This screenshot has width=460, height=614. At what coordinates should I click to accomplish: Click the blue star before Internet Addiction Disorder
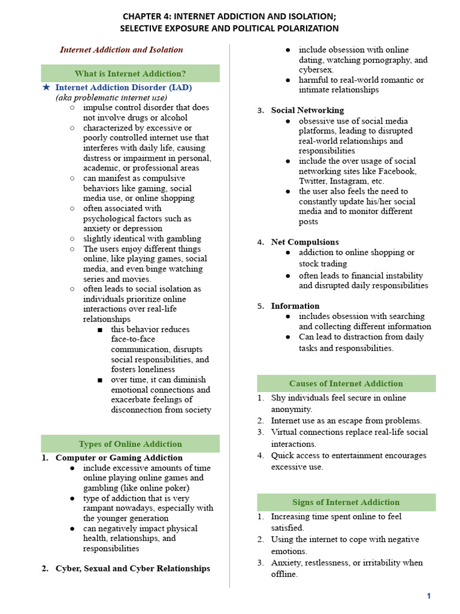pyautogui.click(x=46, y=87)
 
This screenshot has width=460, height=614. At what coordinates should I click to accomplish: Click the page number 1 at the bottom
pyautogui.click(x=429, y=595)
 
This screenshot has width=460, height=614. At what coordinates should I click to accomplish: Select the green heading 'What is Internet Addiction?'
pyautogui.click(x=130, y=73)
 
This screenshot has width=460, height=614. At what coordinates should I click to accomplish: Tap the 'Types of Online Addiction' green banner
pyautogui.click(x=130, y=444)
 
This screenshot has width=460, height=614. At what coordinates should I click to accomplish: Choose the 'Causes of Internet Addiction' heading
pyautogui.click(x=346, y=383)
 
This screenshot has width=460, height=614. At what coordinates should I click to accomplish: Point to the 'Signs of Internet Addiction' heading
pyautogui.click(x=346, y=502)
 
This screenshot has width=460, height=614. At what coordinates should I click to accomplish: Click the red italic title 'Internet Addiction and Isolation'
pyautogui.click(x=121, y=50)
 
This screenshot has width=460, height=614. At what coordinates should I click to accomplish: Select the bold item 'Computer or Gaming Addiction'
pyautogui.click(x=119, y=458)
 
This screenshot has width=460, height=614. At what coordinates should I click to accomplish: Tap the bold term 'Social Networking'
pyautogui.click(x=307, y=110)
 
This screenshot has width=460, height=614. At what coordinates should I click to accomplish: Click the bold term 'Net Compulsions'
pyautogui.click(x=305, y=242)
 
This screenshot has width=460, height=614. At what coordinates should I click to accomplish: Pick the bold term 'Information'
pyautogui.click(x=295, y=306)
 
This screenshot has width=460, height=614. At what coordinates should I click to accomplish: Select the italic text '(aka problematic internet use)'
pyautogui.click(x=111, y=97)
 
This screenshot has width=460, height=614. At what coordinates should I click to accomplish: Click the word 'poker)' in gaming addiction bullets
pyautogui.click(x=190, y=488)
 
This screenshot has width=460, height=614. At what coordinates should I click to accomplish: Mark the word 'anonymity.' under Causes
pyautogui.click(x=292, y=409)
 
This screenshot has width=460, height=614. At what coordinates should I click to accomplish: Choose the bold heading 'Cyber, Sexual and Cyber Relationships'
pyautogui.click(x=133, y=568)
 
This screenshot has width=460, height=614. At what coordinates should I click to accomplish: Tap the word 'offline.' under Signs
pyautogui.click(x=284, y=574)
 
